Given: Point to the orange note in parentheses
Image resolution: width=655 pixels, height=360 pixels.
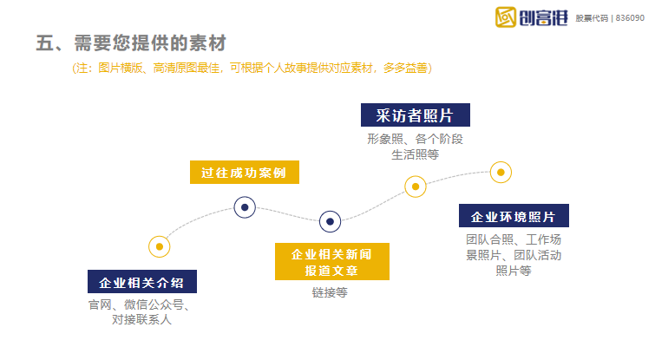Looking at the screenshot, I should (x=252, y=68).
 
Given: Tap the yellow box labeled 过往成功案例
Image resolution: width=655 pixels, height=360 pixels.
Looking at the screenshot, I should (x=244, y=172).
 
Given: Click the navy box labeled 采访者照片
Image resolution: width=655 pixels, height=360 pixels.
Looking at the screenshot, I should (x=415, y=115).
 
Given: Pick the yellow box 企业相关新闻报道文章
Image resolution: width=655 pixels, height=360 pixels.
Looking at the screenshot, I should (x=331, y=262).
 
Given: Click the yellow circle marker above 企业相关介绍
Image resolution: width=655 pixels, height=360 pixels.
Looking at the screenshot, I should (x=159, y=246).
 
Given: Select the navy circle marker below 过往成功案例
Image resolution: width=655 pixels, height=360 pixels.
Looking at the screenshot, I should (x=246, y=207).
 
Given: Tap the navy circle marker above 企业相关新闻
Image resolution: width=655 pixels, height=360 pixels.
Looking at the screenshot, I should (x=330, y=222).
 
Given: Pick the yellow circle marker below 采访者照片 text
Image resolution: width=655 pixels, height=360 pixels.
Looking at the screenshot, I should (x=416, y=186).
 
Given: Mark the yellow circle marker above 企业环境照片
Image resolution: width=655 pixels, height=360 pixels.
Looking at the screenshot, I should (x=500, y=172).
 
